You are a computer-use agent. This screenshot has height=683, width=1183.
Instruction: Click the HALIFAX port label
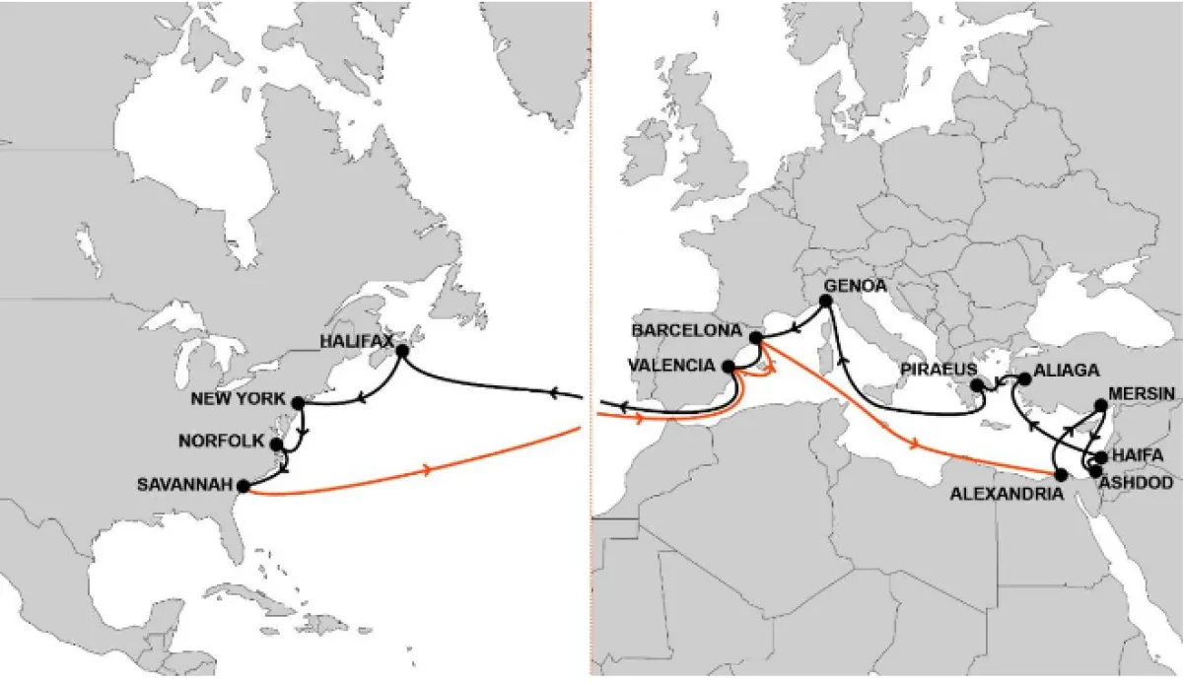click(357, 341)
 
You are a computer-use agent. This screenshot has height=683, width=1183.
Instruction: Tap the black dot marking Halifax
click(402, 351)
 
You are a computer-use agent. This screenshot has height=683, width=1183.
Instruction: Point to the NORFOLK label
click(224, 442)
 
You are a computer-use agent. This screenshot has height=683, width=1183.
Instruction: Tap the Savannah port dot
click(243, 486)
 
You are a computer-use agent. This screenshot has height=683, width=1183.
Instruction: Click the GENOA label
click(856, 286)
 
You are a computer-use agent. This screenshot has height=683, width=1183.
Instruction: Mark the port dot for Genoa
click(825, 300)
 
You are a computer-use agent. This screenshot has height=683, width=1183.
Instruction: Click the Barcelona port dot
click(756, 338)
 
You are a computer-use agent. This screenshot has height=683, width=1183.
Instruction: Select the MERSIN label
click(1141, 393)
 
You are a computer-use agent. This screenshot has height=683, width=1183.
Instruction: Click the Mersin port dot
click(1101, 405)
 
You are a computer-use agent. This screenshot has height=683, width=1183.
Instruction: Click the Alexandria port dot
click(1060, 475)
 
